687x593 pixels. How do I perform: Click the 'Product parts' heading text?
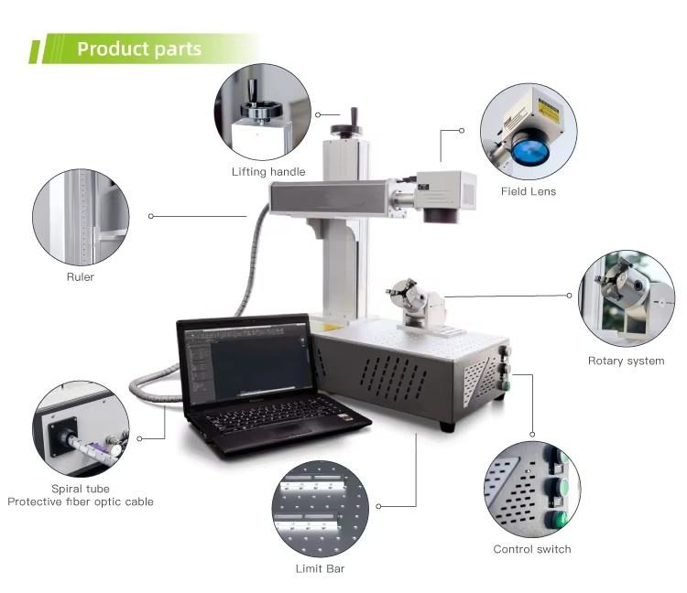point(139,49)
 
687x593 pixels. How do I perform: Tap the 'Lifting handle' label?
point(268,171)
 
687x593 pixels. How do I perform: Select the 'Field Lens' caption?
point(528,191)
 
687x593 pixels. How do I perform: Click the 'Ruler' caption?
point(80,276)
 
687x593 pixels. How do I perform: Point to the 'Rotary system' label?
point(626,361)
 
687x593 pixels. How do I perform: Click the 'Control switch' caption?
point(531,549)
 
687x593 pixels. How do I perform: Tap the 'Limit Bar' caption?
point(320,568)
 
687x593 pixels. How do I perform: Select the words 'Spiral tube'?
point(81,489)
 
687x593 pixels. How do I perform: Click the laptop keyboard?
point(276,420)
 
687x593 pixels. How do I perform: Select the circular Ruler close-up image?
point(80,218)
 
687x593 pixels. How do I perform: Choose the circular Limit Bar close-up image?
point(321,508)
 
